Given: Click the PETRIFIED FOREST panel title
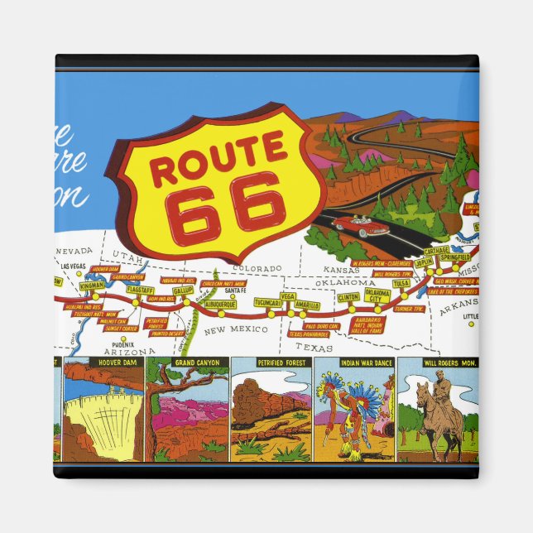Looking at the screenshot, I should click(271, 363).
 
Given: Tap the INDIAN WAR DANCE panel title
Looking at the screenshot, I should click(354, 363).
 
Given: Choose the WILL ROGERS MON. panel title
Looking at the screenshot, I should click(438, 363).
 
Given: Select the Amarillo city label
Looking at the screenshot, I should click(307, 305).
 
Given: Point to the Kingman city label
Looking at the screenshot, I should click(92, 285).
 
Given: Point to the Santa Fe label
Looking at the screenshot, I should click(235, 291).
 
